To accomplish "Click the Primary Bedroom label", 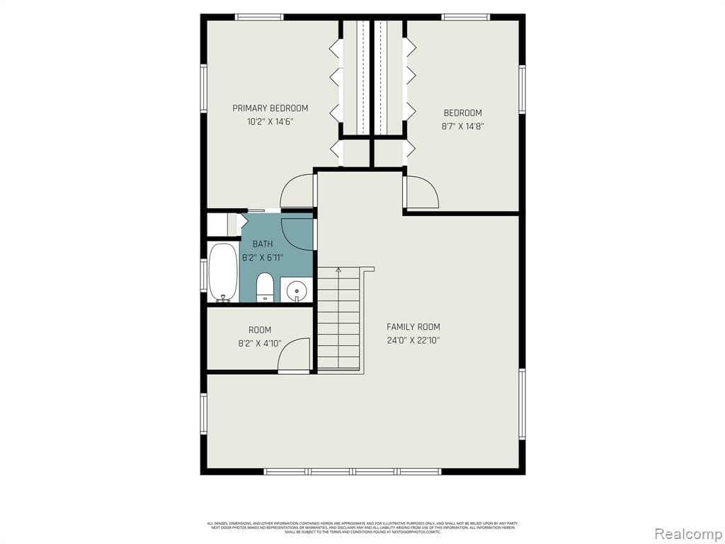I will [270, 108].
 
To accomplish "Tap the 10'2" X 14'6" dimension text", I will [270, 122].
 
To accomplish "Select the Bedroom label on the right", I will [462, 113].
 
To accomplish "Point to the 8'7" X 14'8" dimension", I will [462, 127].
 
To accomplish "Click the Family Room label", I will [413, 327].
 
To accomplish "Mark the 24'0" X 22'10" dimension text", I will [413, 340].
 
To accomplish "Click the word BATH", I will [263, 244].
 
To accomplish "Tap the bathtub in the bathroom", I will [223, 273].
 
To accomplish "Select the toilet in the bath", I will [264, 287].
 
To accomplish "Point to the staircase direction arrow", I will [338, 271].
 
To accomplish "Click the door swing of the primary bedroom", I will [297, 191].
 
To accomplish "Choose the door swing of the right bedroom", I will [423, 192].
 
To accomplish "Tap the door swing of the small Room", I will [295, 356].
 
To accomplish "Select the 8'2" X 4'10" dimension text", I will [259, 344].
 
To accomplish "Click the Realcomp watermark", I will [686, 533].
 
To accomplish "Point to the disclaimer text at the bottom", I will [362, 527].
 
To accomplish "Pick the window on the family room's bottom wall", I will [352, 471].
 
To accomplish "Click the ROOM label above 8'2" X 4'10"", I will [259, 330].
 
